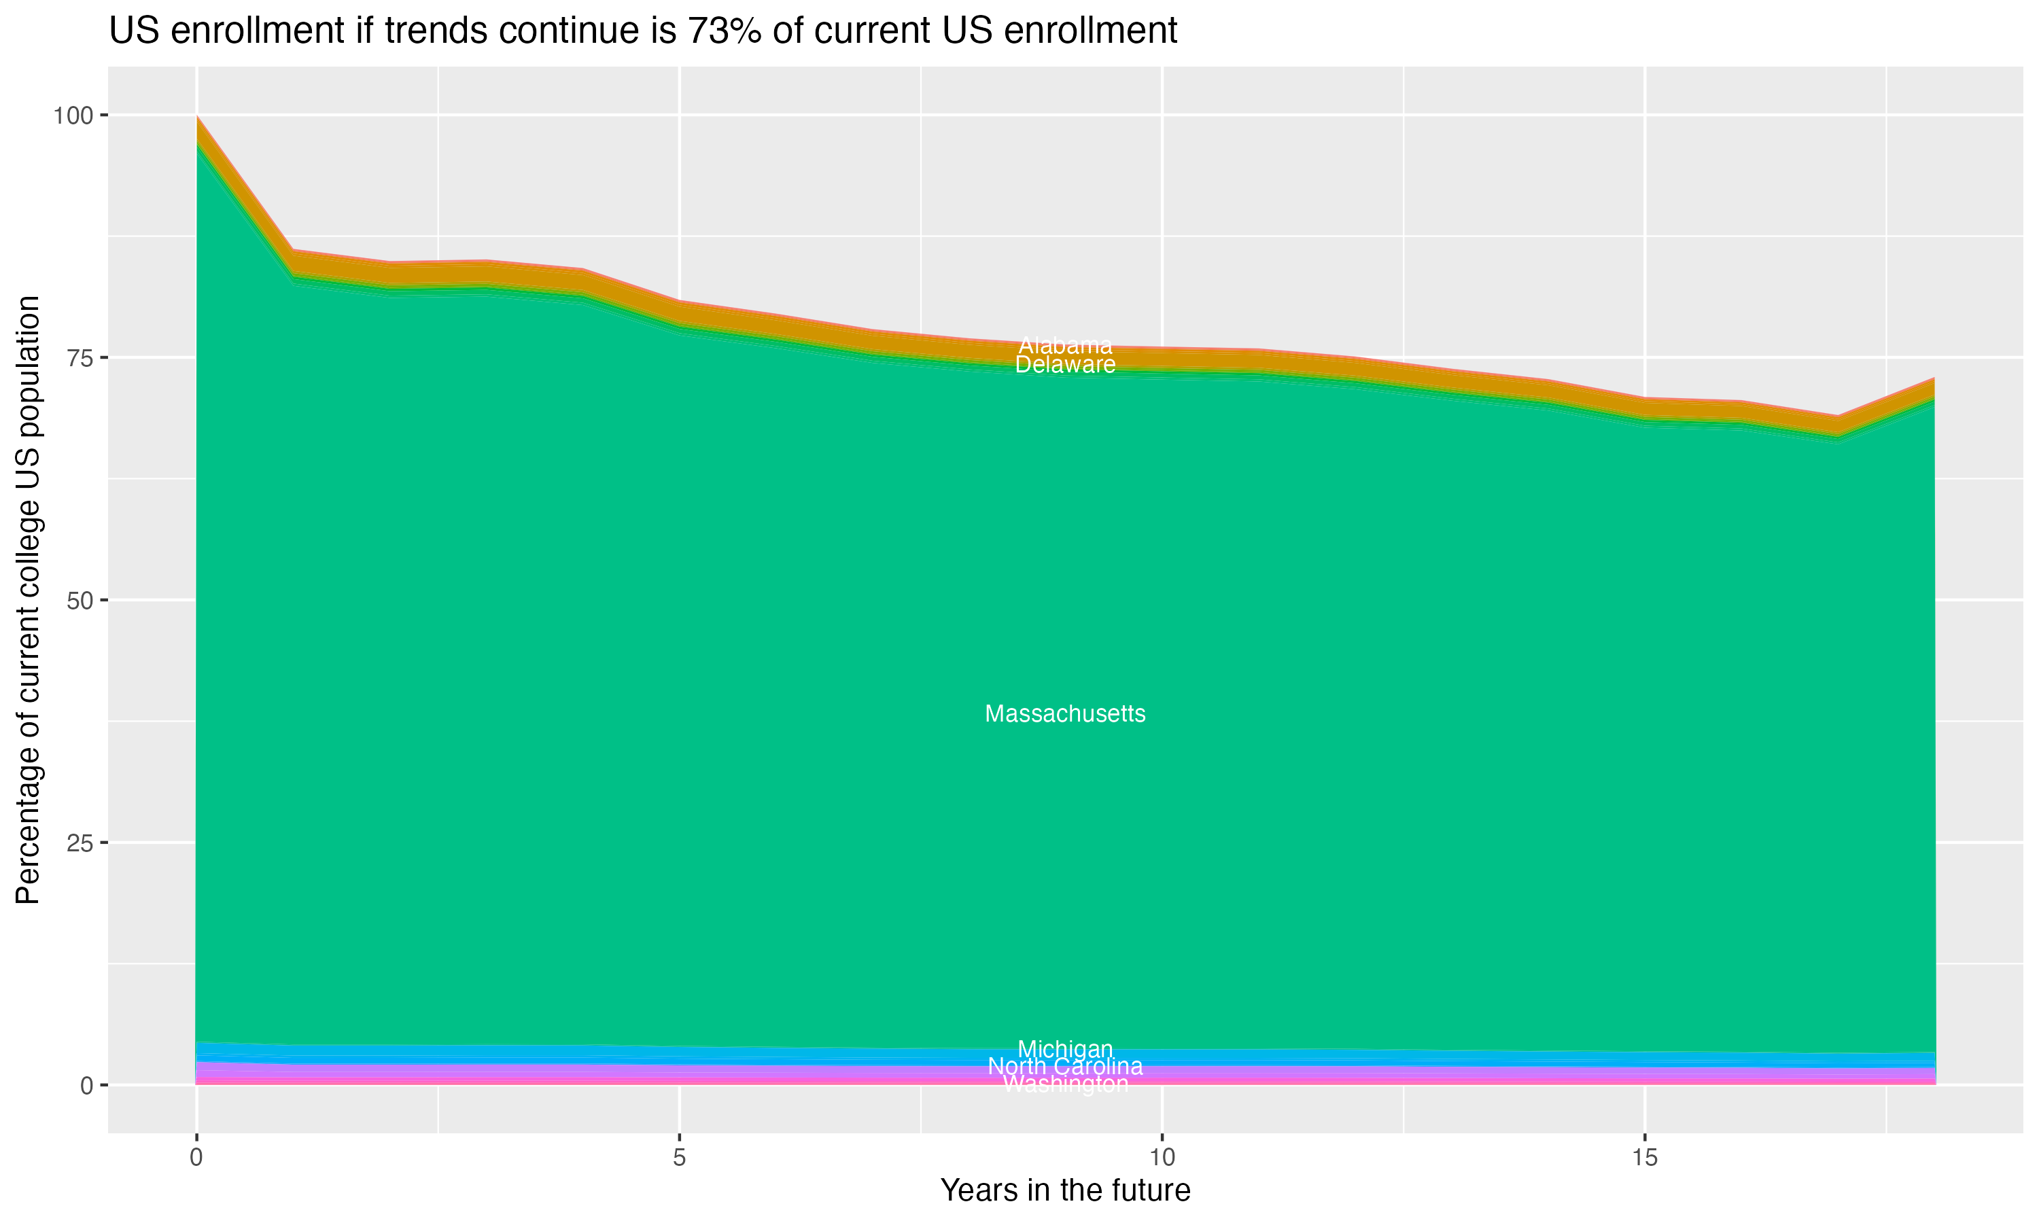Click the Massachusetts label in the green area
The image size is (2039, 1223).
click(1065, 713)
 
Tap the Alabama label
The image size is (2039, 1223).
click(1065, 345)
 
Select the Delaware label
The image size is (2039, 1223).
click(1065, 364)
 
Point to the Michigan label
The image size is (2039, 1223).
click(1065, 1049)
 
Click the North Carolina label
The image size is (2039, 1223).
click(1065, 1067)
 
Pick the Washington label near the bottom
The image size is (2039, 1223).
click(1065, 1084)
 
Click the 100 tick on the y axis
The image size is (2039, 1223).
click(73, 116)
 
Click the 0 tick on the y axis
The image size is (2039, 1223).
click(86, 1085)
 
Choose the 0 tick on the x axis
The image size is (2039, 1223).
click(196, 1158)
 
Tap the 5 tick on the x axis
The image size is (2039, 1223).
click(679, 1158)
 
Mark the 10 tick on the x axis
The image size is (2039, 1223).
click(1162, 1158)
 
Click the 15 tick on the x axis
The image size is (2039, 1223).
click(1644, 1158)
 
